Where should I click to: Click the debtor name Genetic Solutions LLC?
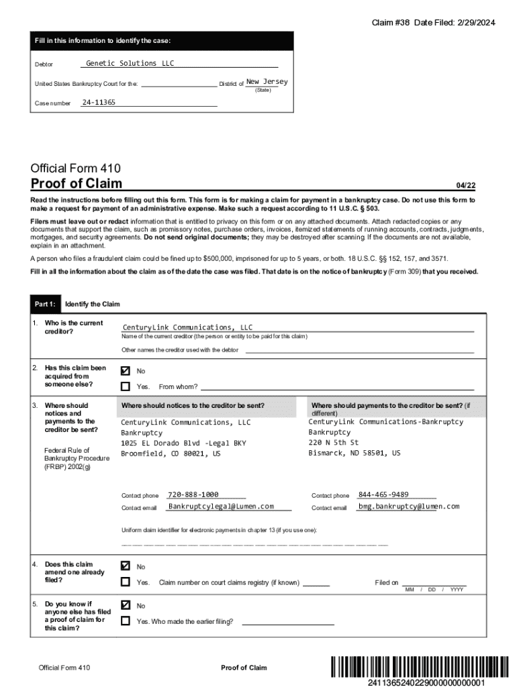[x=130, y=63]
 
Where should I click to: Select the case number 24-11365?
[x=99, y=103]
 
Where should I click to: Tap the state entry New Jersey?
[x=267, y=82]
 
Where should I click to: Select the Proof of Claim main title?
[x=77, y=184]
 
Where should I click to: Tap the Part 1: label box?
[x=46, y=305]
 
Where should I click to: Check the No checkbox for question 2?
[x=126, y=371]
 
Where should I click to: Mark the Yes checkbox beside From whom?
[x=126, y=386]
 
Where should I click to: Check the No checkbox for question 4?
[x=126, y=566]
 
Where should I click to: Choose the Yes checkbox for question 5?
[x=126, y=621]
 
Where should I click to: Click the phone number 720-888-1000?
[x=193, y=494]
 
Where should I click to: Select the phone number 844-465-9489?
[x=383, y=494]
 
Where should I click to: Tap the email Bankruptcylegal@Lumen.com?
[x=221, y=507]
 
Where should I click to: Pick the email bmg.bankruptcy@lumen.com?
[x=408, y=507]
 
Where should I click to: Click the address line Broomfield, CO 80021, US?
[x=171, y=454]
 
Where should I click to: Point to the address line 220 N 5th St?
[x=334, y=443]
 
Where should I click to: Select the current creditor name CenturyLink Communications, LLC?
[x=187, y=328]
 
